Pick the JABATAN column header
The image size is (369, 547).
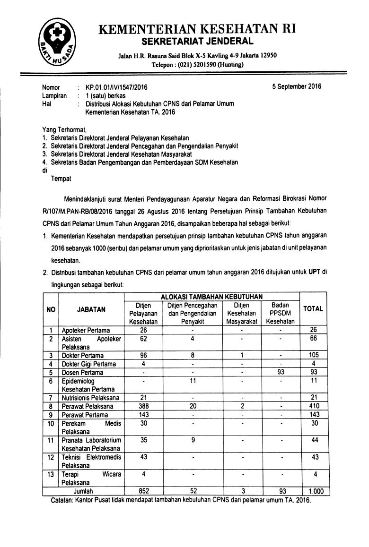pyautogui.click(x=91, y=309)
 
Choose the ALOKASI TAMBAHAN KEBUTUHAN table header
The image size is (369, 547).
pyautogui.click(x=211, y=296)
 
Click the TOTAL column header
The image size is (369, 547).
pyautogui.click(x=313, y=309)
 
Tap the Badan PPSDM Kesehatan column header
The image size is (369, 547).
pyautogui.click(x=280, y=313)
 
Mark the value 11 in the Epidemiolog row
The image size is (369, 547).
pyautogui.click(x=192, y=381)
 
